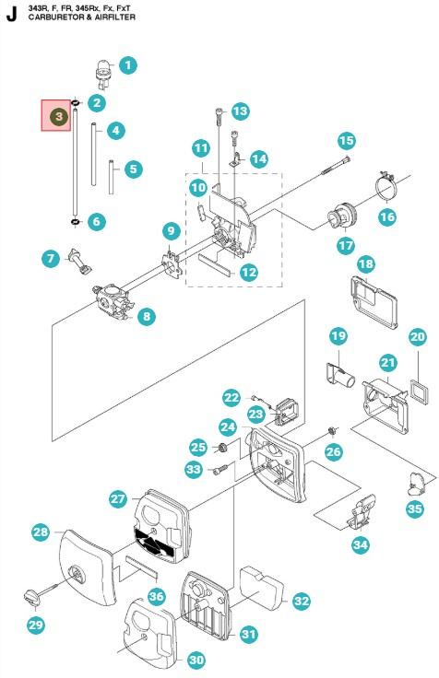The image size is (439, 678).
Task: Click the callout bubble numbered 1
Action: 128,65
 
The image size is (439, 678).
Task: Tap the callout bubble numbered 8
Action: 147,317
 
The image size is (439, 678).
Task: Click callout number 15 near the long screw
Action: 346,141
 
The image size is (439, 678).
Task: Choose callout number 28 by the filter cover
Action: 40,532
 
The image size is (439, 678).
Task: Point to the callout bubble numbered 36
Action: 156,597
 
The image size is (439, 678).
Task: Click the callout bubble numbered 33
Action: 193,470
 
